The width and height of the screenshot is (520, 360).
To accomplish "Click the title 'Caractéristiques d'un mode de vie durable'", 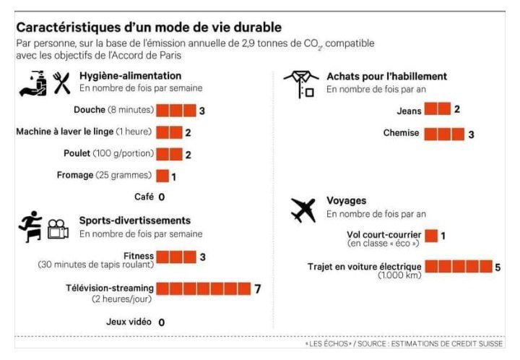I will tap(149, 28).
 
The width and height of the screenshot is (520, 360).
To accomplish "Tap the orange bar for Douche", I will tap(176, 111).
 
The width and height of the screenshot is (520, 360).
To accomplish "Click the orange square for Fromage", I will tap(162, 176).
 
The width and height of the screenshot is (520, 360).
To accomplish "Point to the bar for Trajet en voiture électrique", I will tap(458, 267).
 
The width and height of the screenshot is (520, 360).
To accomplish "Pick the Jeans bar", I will tap(437, 109).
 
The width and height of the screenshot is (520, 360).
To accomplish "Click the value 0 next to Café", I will tap(162, 197).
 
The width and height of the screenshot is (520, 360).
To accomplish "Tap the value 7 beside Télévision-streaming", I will tap(257, 289).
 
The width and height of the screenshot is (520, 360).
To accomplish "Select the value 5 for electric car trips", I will tap(498, 267).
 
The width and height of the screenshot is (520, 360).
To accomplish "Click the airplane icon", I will tap(304, 210).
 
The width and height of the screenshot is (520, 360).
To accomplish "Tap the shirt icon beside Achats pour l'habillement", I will tap(300, 84).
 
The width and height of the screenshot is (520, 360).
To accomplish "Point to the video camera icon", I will tap(58, 231).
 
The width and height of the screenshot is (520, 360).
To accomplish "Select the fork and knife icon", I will tap(62, 83).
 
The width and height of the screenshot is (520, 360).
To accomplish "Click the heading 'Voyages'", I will tap(346, 201).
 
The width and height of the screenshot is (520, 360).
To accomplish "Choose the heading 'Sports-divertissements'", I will tap(135, 220).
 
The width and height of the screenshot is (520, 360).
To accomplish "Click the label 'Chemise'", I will tap(400, 134).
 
